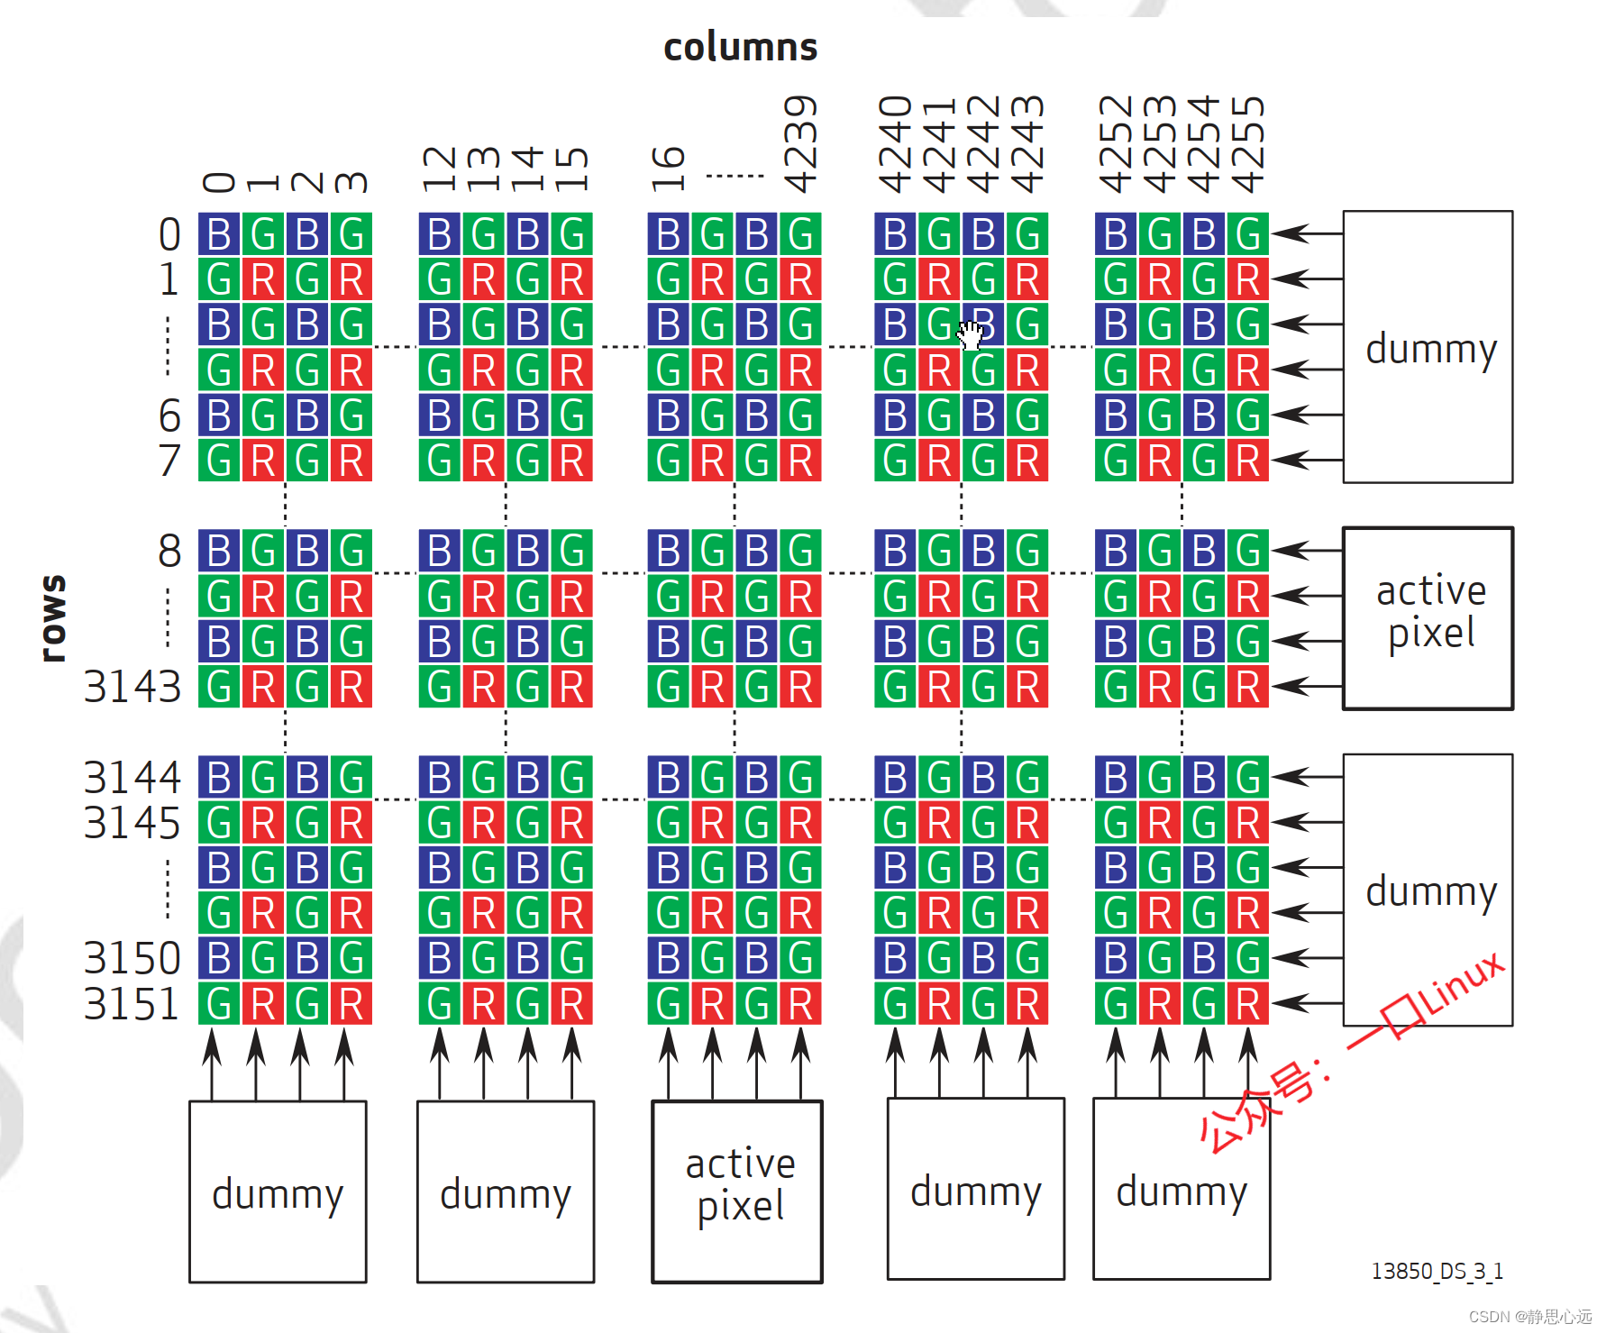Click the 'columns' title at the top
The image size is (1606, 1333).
click(x=740, y=47)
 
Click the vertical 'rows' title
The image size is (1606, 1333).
click(x=53, y=618)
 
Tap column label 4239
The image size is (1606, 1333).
click(x=800, y=144)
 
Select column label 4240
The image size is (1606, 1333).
click(x=895, y=144)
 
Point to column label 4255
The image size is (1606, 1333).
click(x=1248, y=144)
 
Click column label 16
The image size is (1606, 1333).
click(x=668, y=169)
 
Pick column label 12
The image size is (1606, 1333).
click(x=440, y=169)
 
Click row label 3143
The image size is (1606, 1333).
click(x=132, y=687)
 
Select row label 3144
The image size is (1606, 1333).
click(x=132, y=777)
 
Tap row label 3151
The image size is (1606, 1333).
click(x=132, y=1004)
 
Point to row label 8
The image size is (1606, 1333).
click(x=169, y=551)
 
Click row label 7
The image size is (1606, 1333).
click(x=169, y=461)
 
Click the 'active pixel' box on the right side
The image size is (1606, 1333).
click(x=1428, y=618)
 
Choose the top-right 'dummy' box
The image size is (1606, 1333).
click(x=1428, y=347)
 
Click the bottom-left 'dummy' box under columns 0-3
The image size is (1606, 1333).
click(x=278, y=1191)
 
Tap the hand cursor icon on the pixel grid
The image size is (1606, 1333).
click(x=971, y=334)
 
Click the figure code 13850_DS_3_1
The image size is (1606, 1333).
click(x=1437, y=1271)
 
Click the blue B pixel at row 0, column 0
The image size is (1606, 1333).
click(x=219, y=234)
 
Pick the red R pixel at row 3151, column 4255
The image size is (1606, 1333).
click(x=1248, y=1004)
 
